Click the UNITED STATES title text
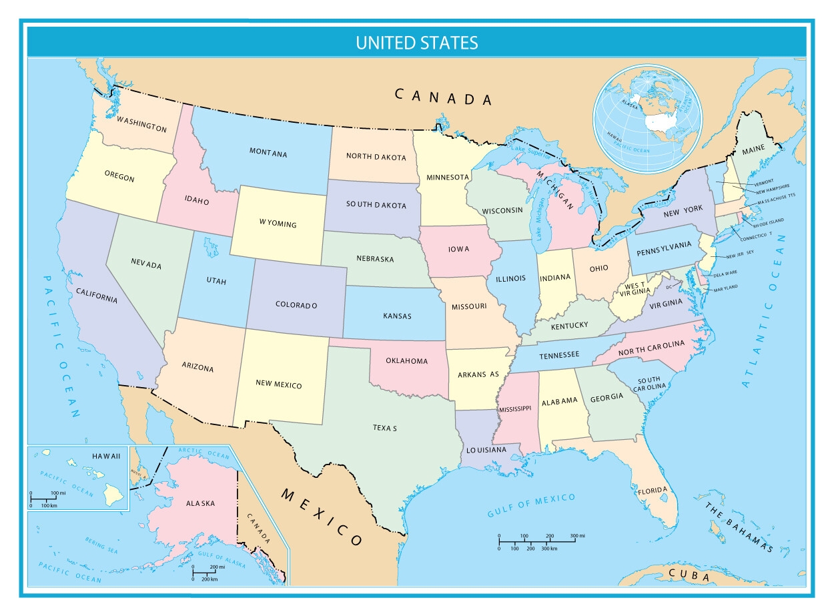pyautogui.click(x=416, y=43)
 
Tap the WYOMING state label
pyautogui.click(x=278, y=224)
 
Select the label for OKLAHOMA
pyautogui.click(x=407, y=361)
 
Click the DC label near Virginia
pyautogui.click(x=669, y=287)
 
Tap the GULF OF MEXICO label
pyautogui.click(x=531, y=506)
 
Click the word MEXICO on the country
pyautogui.click(x=322, y=517)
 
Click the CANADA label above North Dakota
pyautogui.click(x=443, y=97)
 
